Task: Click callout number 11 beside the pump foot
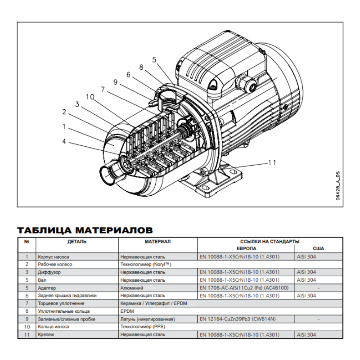tap(271, 162)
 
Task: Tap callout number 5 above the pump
tap(154, 59)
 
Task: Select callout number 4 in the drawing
tap(64, 141)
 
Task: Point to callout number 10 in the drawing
tap(90, 97)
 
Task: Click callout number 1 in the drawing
tap(64, 127)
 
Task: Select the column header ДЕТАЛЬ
tap(77, 242)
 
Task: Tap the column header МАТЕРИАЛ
tap(157, 242)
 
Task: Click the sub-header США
tap(318, 248)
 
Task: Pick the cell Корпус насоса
tap(53, 256)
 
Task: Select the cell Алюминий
tap(131, 288)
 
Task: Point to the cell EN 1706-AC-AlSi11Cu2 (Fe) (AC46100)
tap(243, 288)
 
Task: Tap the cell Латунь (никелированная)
tap(147, 319)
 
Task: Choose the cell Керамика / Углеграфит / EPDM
tap(153, 303)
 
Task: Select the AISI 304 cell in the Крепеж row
tap(306, 335)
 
